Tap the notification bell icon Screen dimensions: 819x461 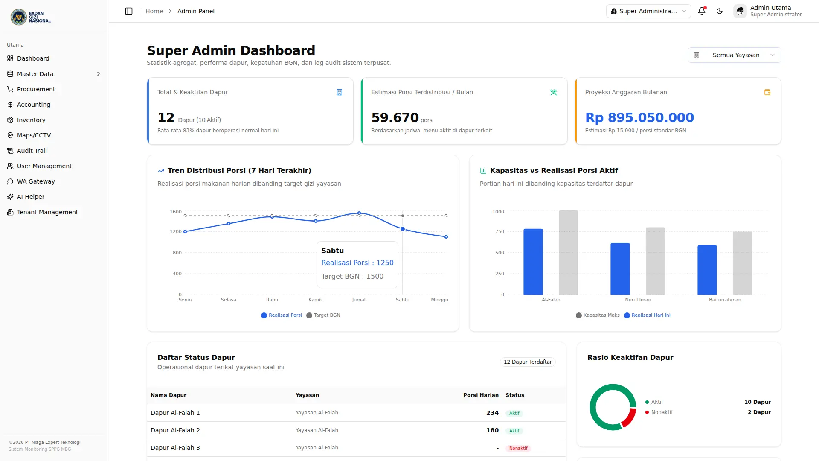[x=702, y=11]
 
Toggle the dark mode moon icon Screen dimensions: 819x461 [x=720, y=11]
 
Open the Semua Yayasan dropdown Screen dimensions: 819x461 [x=734, y=55]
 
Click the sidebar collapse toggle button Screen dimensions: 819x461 [x=129, y=11]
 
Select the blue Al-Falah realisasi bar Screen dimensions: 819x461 [x=533, y=262]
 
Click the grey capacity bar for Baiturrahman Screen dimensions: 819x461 [x=743, y=263]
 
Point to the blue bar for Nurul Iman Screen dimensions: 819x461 [x=620, y=269]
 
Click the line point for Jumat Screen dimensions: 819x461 [x=359, y=213]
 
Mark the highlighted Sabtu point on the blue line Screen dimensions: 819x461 [x=403, y=229]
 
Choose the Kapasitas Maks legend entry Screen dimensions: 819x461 [x=598, y=315]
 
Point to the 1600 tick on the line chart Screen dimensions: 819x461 [x=176, y=212]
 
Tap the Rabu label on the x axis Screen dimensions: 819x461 [x=272, y=300]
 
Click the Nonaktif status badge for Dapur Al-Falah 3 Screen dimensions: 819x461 [x=518, y=448]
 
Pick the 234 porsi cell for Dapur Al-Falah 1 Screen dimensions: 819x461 [x=492, y=413]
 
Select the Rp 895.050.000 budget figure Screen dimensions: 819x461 [x=639, y=117]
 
